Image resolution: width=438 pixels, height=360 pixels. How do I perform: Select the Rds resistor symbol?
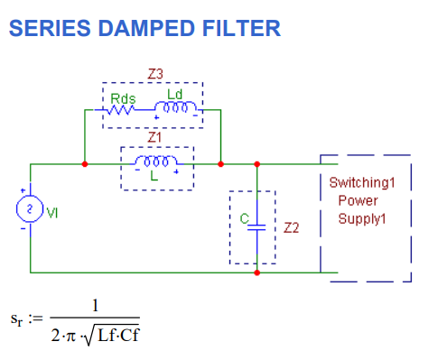point(122,110)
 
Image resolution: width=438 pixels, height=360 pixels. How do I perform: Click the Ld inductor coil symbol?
point(179,109)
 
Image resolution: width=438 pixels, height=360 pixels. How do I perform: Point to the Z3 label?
point(154,73)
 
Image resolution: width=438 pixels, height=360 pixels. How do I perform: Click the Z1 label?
point(154,137)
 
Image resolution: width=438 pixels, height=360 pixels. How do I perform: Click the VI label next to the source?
point(52,212)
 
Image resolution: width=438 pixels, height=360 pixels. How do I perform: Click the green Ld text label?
point(174,94)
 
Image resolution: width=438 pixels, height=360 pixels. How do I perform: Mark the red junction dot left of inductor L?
point(84,164)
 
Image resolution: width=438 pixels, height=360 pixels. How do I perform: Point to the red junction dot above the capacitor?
point(257,164)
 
